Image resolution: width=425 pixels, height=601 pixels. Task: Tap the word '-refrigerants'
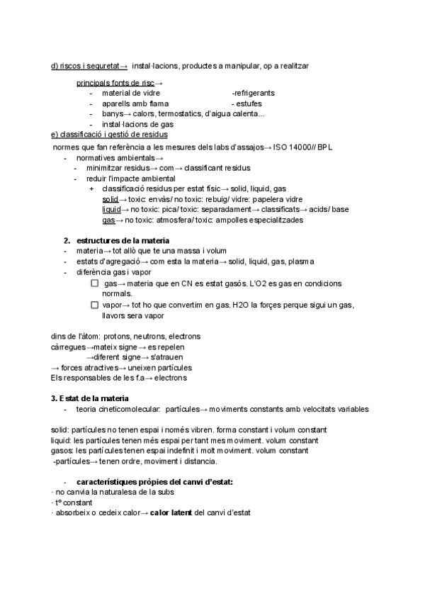253,93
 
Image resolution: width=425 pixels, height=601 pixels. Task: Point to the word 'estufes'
248,103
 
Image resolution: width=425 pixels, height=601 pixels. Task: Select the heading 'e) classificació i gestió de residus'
110,134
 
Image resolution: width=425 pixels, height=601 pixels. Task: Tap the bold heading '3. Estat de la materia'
95,398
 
